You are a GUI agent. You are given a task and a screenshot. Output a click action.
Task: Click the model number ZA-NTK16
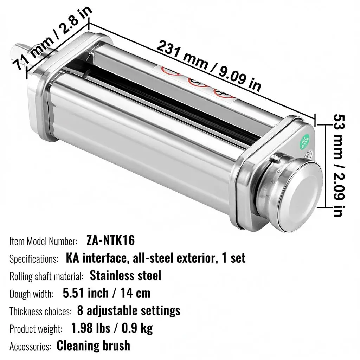[111, 240]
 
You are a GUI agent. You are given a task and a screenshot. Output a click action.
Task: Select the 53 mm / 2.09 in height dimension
[339, 165]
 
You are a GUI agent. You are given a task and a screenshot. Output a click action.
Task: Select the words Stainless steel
[126, 276]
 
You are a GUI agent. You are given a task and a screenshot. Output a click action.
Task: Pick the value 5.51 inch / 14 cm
[107, 293]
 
